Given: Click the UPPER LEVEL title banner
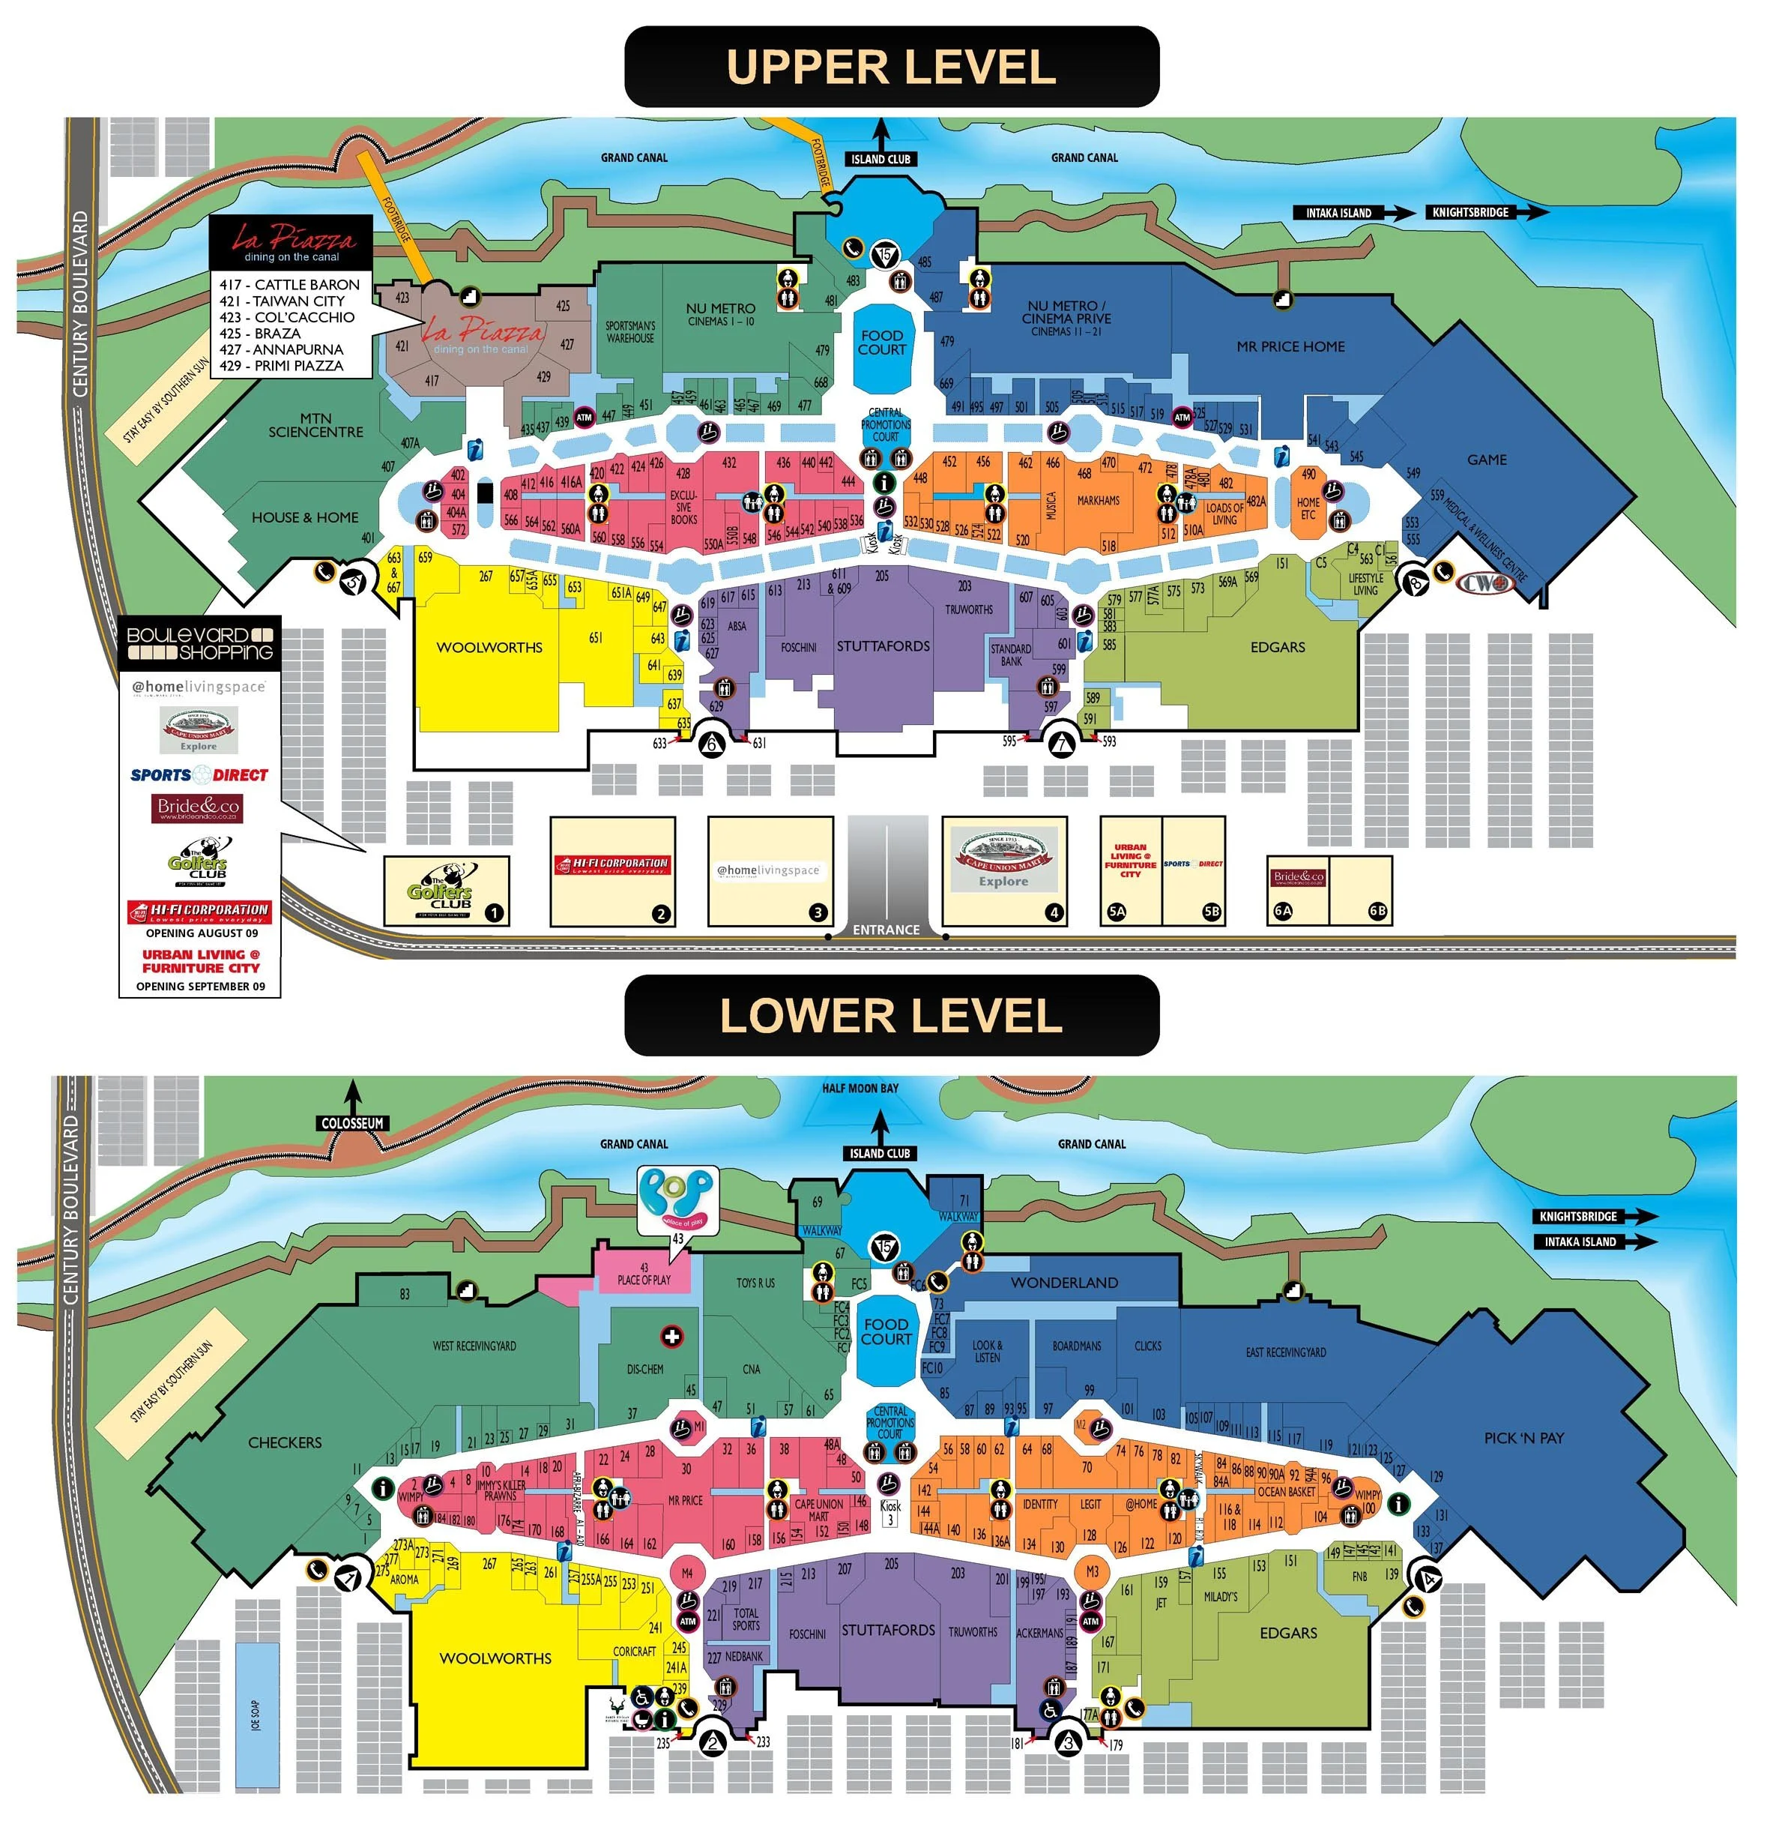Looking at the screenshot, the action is [890, 67].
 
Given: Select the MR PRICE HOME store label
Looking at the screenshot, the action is [1290, 347].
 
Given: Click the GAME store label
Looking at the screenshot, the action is [1487, 460].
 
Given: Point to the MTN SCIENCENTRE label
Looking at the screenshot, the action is [316, 425].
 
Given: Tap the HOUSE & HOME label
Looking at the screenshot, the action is [305, 517].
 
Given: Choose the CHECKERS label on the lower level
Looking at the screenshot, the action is [285, 1442].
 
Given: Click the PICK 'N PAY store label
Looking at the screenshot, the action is [1523, 1437].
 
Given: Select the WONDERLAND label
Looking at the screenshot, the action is [1064, 1283].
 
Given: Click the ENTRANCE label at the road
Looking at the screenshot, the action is [886, 929].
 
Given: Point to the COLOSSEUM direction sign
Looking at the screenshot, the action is [352, 1124].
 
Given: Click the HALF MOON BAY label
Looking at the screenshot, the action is [860, 1088].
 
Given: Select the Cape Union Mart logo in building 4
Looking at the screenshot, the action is [1004, 859].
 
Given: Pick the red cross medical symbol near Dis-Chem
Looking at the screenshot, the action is [671, 1337].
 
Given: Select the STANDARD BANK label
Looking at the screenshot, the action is [1010, 654].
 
